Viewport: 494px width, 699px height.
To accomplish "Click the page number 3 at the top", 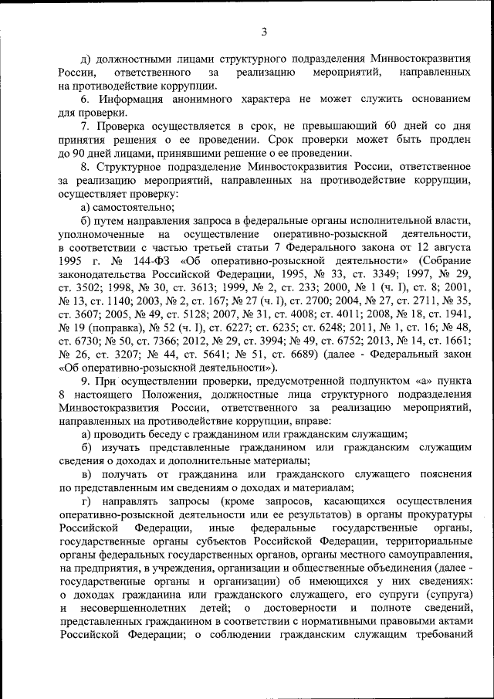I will [263, 32].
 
